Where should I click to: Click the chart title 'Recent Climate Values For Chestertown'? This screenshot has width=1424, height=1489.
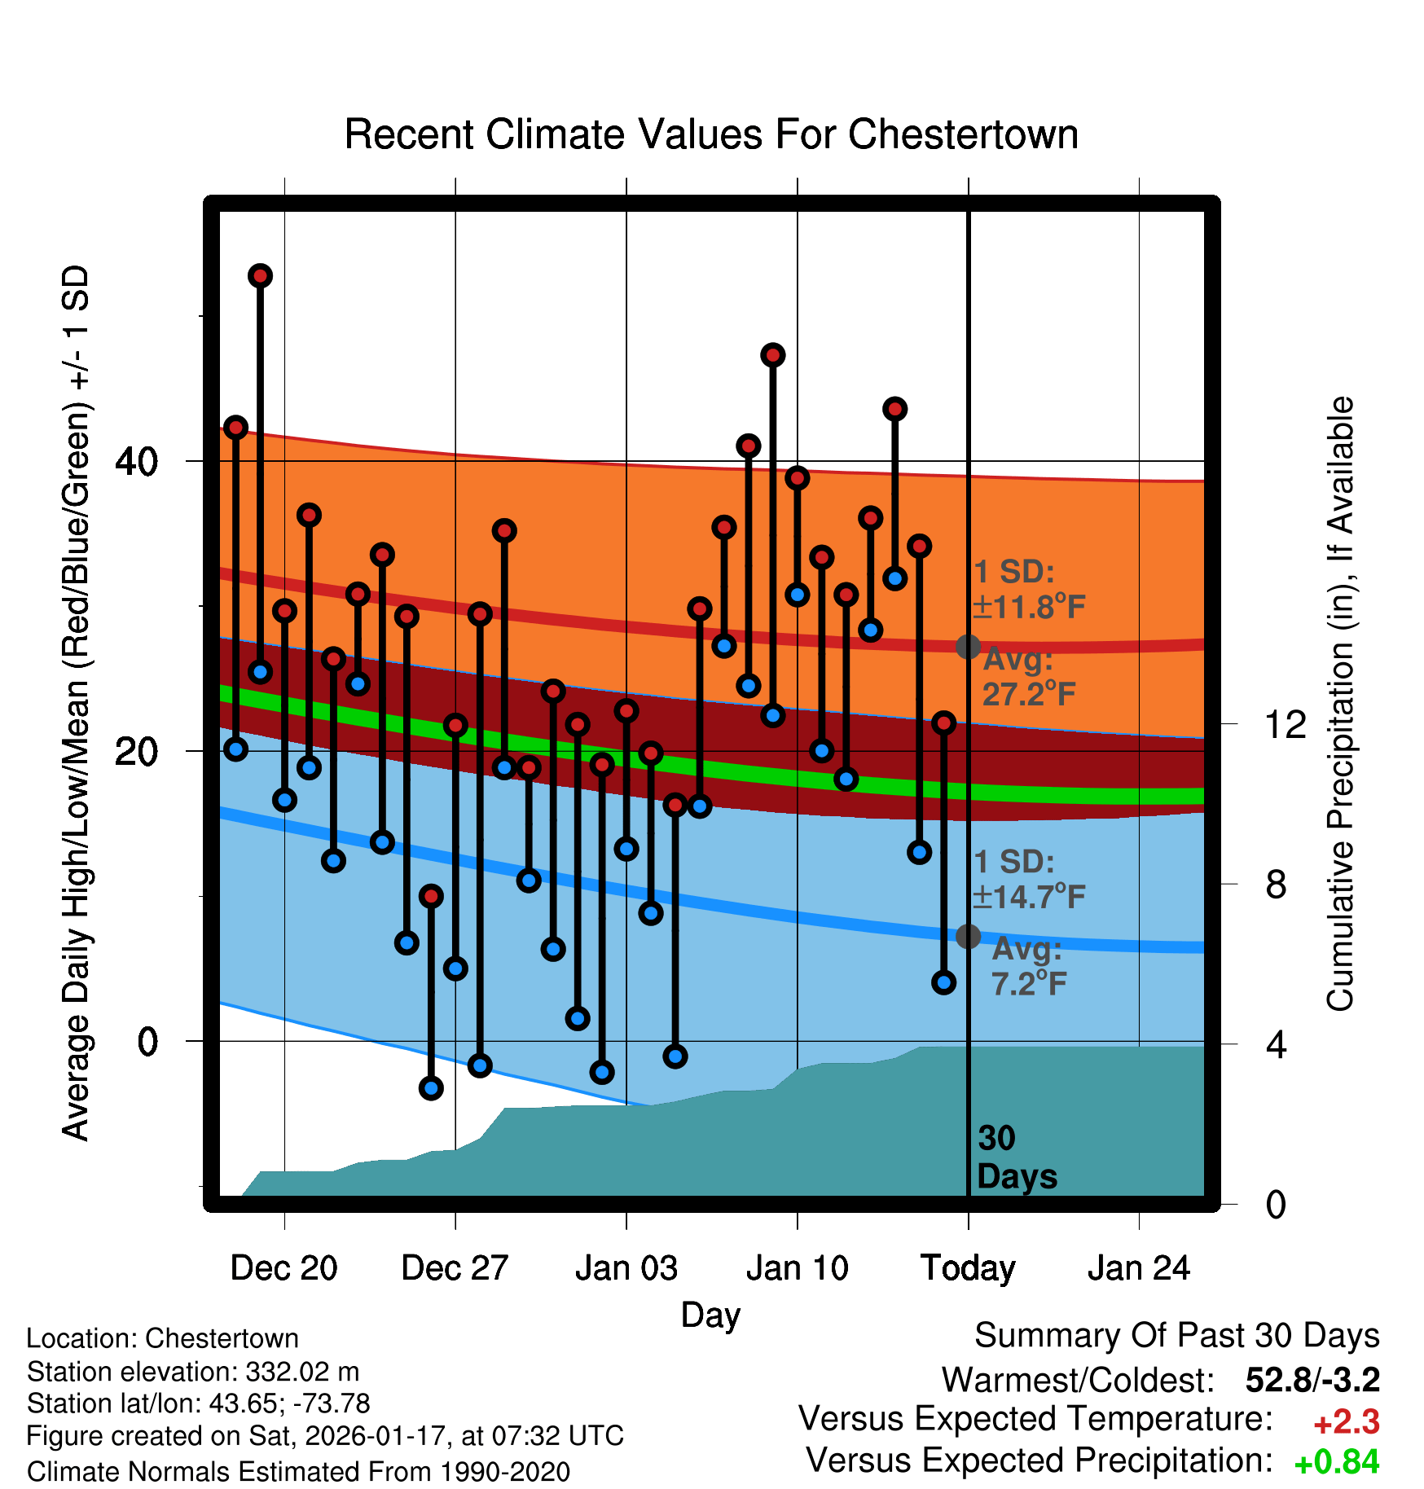(x=711, y=134)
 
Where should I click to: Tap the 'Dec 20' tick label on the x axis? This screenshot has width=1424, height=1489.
(x=283, y=1268)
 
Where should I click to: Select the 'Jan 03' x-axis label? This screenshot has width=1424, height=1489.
(x=626, y=1268)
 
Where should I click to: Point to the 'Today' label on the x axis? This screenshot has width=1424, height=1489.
(x=968, y=1268)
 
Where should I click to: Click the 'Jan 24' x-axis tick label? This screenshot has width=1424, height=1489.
(x=1139, y=1268)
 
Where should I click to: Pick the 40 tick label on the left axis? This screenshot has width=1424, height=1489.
(x=136, y=462)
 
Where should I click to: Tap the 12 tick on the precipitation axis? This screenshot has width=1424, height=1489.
(x=1285, y=724)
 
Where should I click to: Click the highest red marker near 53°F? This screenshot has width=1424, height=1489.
(x=260, y=276)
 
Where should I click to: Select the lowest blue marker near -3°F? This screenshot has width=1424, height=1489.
(x=431, y=1087)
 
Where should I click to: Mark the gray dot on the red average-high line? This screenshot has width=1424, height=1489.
(x=968, y=647)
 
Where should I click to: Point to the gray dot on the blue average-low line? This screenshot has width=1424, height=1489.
(x=968, y=936)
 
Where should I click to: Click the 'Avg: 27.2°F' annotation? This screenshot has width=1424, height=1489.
(x=1028, y=677)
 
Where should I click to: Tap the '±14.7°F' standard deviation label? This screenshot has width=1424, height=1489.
(x=1029, y=897)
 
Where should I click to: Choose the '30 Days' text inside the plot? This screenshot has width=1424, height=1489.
(x=1016, y=1157)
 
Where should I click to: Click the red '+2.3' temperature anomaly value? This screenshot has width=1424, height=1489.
(x=1346, y=1422)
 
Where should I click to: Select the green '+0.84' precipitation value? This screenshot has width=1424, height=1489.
(x=1336, y=1462)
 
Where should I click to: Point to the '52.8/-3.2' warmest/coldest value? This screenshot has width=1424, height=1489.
(x=1312, y=1380)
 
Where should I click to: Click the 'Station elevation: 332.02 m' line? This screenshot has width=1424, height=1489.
(x=193, y=1372)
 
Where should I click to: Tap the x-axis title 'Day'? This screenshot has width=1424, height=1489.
(x=710, y=1315)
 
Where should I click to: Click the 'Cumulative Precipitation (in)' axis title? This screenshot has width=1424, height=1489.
(x=1340, y=705)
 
